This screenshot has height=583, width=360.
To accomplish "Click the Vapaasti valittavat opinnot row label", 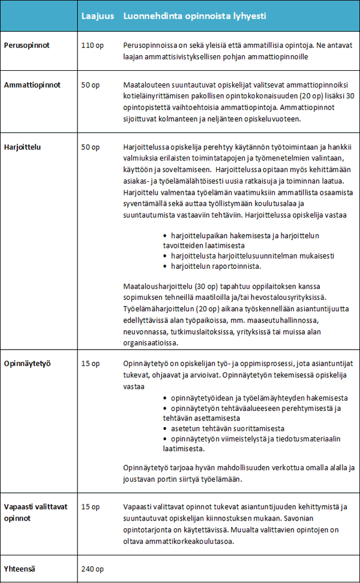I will (x=35, y=512).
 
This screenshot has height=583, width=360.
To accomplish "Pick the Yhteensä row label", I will (x=20, y=569).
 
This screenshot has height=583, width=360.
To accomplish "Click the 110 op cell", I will (x=92, y=46).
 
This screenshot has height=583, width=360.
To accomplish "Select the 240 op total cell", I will (x=92, y=569).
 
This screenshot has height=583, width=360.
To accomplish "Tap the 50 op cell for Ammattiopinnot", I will (x=90, y=85).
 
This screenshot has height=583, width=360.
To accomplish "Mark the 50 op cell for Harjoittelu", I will (x=90, y=146).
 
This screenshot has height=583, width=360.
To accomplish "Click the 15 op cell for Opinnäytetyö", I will (x=90, y=363).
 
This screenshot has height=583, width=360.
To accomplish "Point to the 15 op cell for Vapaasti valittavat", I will (x=90, y=507).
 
